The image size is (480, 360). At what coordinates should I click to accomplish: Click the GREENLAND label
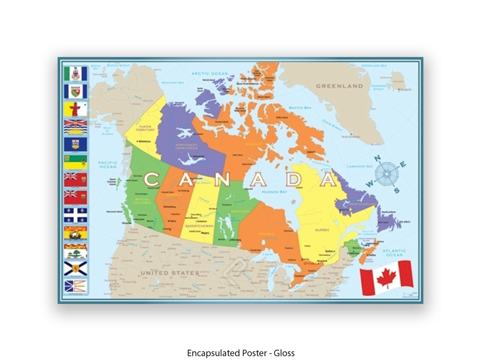(339, 86)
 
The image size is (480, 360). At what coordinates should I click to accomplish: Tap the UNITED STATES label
(170, 273)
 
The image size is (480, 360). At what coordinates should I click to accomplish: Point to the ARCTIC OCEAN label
(210, 73)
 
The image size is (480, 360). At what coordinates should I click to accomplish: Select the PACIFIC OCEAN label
(108, 165)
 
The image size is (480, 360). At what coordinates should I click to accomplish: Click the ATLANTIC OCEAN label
(394, 253)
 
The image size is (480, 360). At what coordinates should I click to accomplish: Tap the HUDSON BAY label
(274, 192)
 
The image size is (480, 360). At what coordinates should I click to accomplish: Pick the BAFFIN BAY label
(300, 108)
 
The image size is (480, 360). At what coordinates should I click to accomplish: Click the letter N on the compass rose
(378, 159)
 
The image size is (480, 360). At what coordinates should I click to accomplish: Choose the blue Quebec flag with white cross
(76, 215)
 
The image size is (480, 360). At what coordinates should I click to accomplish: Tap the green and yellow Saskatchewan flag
(76, 162)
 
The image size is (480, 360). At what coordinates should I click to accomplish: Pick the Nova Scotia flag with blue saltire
(76, 268)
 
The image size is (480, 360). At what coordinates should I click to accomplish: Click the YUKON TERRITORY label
(145, 128)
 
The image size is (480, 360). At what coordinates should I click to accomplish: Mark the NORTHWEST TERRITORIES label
(187, 146)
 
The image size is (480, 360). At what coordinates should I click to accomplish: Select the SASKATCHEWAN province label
(199, 226)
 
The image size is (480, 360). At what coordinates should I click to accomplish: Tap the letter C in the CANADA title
(151, 180)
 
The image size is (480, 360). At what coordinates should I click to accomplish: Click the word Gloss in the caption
(284, 353)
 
